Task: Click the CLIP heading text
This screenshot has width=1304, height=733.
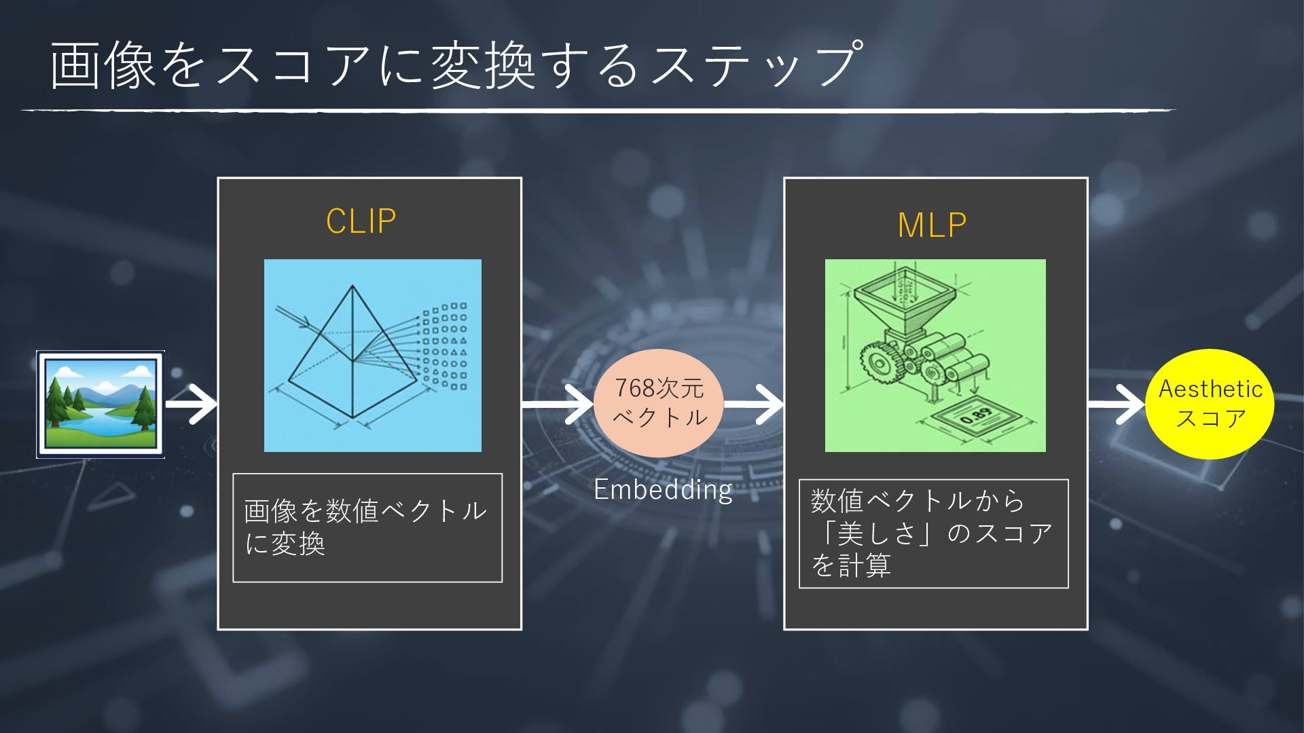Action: click(361, 221)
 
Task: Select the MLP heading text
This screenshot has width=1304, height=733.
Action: click(932, 225)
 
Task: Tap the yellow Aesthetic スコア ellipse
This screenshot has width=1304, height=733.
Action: click(1210, 404)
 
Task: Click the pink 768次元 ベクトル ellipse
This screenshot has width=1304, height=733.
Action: click(659, 402)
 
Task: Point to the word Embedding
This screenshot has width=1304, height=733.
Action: click(663, 489)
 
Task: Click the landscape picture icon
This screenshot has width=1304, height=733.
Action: click(101, 405)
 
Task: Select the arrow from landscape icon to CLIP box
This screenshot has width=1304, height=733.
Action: click(191, 405)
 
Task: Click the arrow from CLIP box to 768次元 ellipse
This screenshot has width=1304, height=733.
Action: click(558, 405)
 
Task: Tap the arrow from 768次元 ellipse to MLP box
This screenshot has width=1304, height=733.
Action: click(754, 405)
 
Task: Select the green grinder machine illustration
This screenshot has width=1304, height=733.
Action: click(935, 355)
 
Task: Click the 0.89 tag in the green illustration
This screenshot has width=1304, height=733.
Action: click(975, 418)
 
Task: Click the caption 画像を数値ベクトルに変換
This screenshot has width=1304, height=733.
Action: click(367, 527)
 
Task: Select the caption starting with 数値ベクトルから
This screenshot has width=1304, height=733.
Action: click(932, 533)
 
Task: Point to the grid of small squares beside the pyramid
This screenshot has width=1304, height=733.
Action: click(445, 346)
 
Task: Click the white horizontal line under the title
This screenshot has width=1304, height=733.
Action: click(598, 110)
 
